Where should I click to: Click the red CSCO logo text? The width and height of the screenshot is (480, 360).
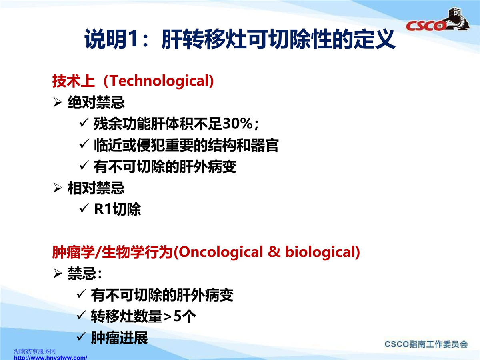[x=426, y=26]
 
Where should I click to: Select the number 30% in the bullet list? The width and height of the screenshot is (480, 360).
[x=238, y=124]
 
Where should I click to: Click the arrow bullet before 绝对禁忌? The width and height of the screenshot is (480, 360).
[x=58, y=102]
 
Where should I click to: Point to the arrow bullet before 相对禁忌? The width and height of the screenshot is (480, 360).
[x=58, y=188]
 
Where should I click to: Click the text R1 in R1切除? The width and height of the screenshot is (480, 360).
[x=103, y=209]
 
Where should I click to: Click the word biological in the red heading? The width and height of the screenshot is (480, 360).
[x=320, y=252]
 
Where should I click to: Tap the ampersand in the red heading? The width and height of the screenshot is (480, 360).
[x=274, y=252]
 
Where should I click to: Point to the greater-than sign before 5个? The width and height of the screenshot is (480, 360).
[x=168, y=317]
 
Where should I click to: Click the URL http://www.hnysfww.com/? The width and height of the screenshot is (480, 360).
[x=50, y=358]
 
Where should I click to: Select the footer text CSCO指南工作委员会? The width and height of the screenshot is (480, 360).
[x=426, y=344]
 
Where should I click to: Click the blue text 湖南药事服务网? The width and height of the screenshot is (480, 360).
[x=35, y=351]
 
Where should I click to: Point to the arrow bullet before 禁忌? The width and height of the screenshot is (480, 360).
[x=58, y=273]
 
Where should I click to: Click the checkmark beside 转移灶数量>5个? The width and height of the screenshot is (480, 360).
[x=82, y=315]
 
